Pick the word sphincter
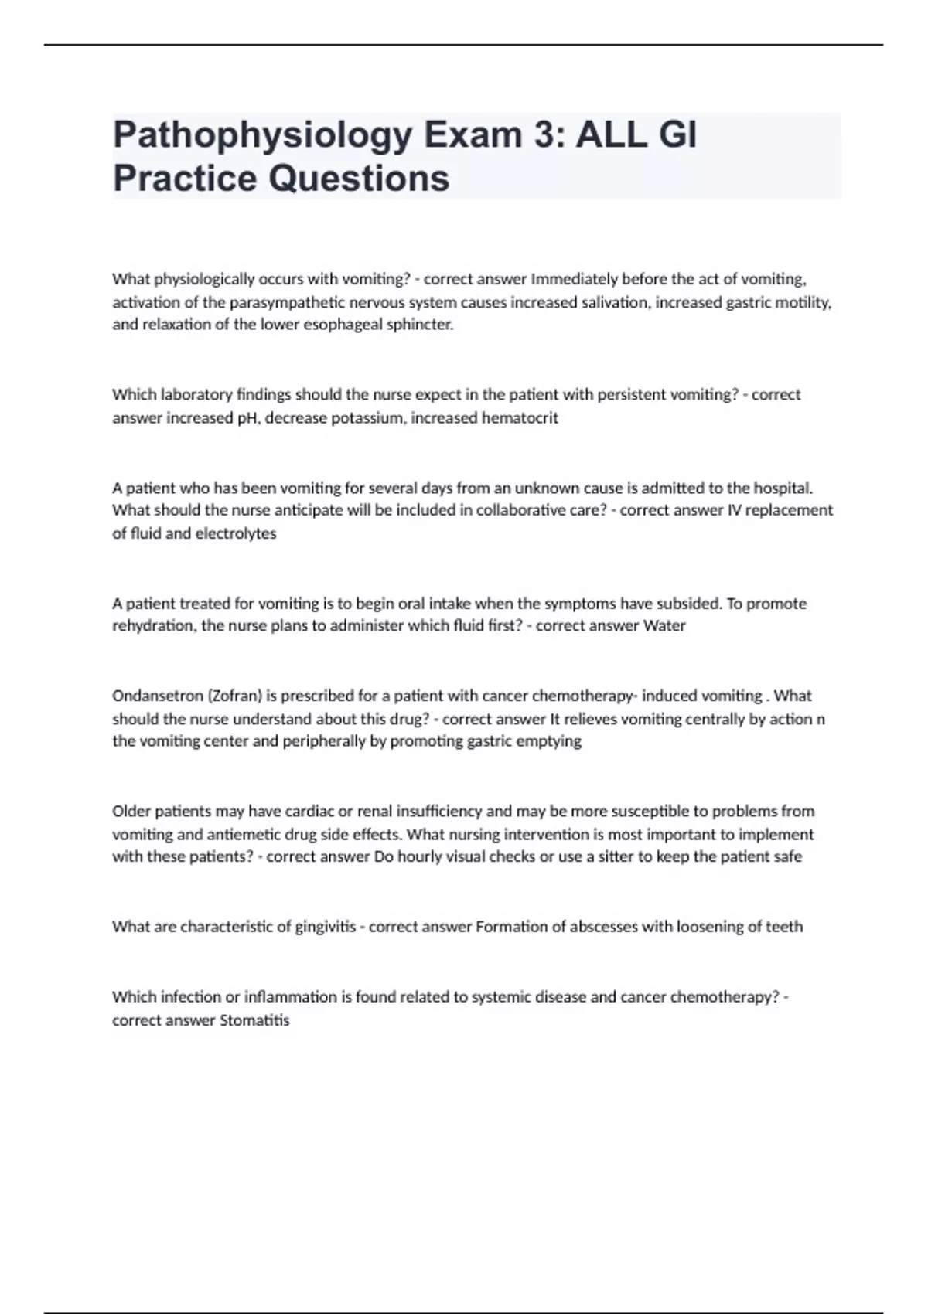pyautogui.click(x=422, y=325)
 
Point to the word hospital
pyautogui.click(x=783, y=488)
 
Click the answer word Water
pyautogui.click(x=664, y=625)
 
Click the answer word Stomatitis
pyautogui.click(x=254, y=1020)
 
